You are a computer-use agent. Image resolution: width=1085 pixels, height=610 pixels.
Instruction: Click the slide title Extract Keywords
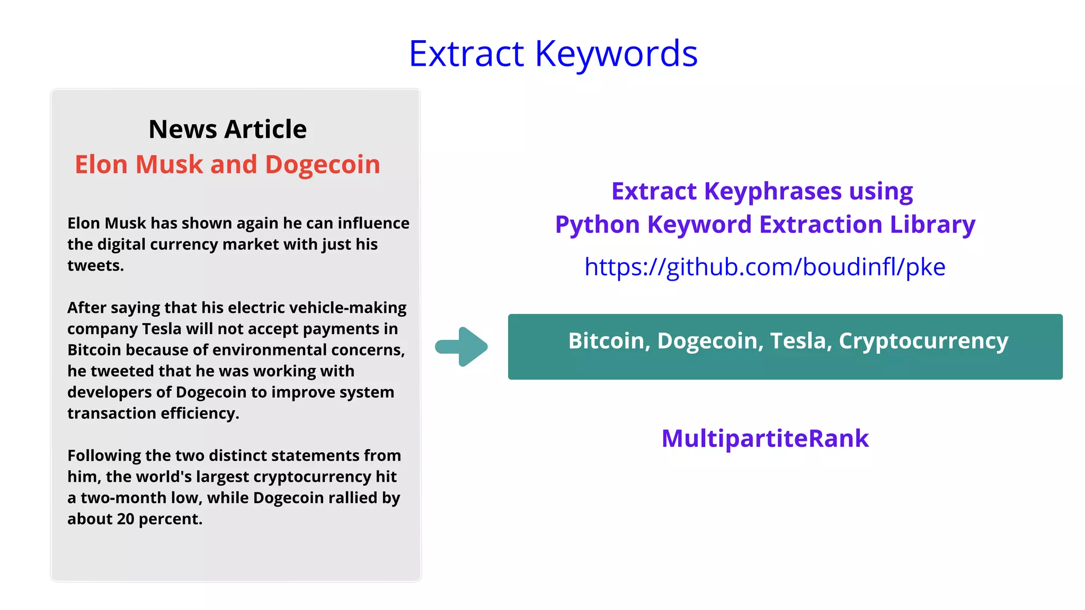[553, 54]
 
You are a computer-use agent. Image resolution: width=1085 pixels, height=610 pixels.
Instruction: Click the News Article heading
[227, 129]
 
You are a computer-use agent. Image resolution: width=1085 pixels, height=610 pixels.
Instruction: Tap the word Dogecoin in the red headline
[322, 165]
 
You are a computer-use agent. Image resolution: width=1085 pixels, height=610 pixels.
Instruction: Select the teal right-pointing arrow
[461, 347]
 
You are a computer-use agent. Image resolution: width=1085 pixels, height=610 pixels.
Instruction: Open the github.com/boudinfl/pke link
[764, 267]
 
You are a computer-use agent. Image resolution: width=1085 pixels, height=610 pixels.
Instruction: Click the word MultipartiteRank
[765, 438]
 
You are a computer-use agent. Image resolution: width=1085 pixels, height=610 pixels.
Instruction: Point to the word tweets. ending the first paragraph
[95, 265]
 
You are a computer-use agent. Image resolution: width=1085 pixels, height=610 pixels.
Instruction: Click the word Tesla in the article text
[162, 329]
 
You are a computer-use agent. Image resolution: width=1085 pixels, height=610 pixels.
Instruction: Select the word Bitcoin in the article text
[94, 350]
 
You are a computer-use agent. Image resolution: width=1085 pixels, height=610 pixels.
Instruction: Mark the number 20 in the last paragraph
[126, 519]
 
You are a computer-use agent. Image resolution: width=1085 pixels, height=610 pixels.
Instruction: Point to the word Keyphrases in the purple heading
[772, 192]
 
